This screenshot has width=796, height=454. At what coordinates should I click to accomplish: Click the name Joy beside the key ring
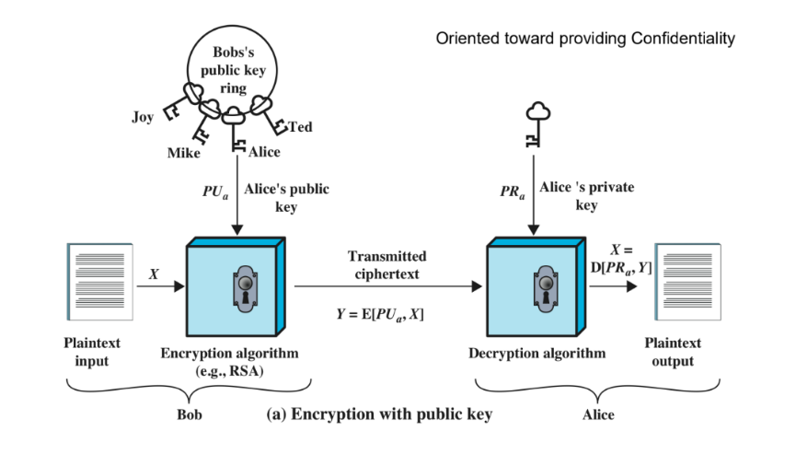142,117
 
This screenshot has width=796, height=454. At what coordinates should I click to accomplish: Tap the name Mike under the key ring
182,153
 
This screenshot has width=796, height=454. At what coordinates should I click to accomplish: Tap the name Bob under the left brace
188,414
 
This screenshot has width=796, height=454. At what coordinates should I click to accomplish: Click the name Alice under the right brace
598,414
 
